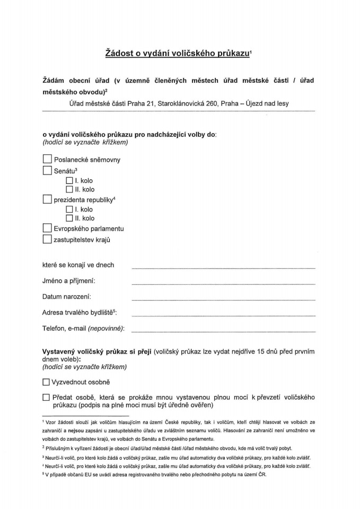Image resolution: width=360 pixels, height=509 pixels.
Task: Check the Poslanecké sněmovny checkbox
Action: click(x=47, y=159)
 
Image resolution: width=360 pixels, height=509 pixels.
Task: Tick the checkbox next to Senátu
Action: click(x=47, y=171)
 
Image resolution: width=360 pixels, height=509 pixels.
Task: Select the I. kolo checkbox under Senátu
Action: click(x=69, y=181)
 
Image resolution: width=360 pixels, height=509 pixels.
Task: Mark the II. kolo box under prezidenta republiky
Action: click(x=69, y=218)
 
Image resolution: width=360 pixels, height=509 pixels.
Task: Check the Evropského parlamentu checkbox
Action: click(x=47, y=229)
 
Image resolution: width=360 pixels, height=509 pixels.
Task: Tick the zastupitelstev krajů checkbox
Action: click(x=47, y=239)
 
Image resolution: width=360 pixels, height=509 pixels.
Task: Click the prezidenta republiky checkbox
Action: click(x=47, y=200)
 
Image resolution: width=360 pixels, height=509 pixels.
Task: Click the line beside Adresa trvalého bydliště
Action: click(x=223, y=314)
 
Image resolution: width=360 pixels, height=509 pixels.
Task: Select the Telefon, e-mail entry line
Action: click(x=223, y=330)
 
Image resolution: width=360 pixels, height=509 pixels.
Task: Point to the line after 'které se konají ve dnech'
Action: click(x=223, y=267)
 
